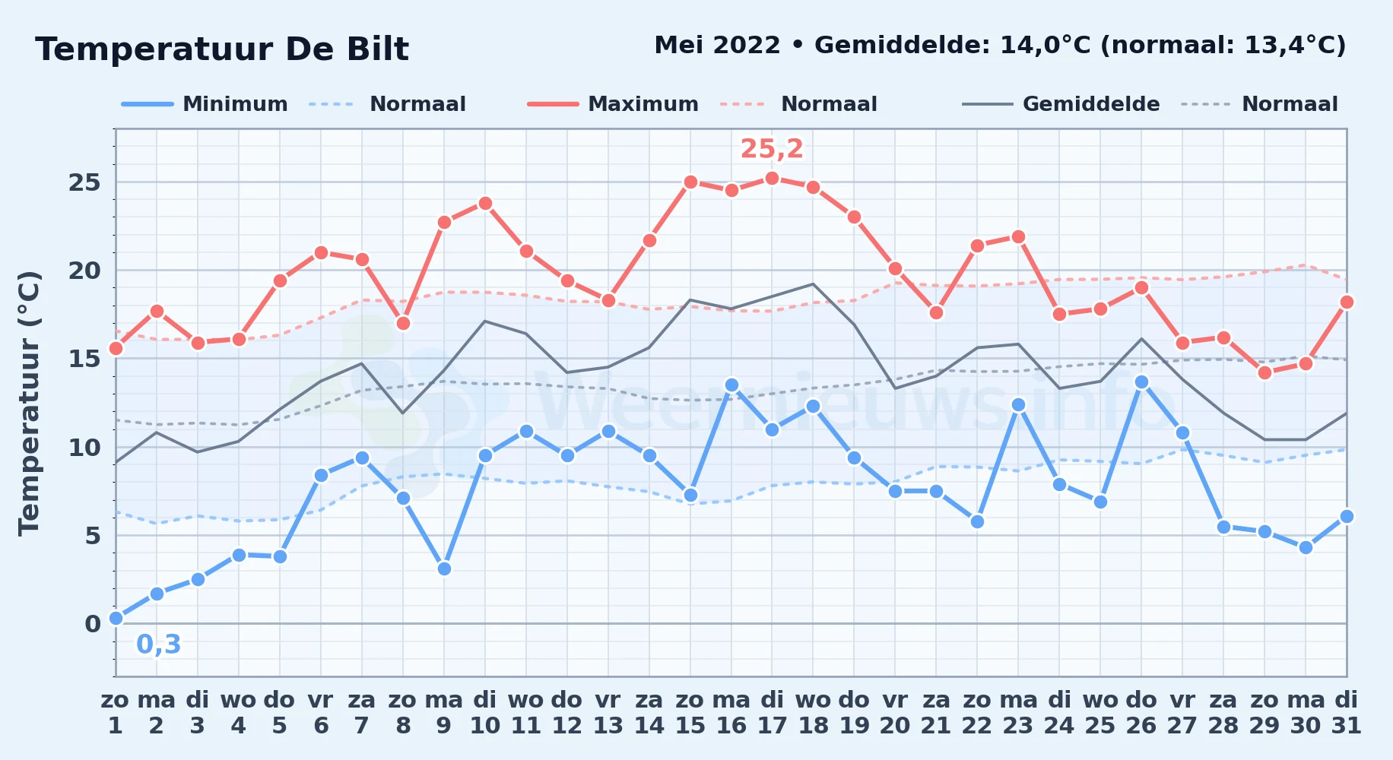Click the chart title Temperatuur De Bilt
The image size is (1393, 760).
pos(222,49)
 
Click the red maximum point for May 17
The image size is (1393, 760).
pos(772,179)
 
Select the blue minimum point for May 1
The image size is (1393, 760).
pos(116,619)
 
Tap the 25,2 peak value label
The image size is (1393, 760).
pos(772,149)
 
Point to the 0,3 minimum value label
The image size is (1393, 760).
pos(159,644)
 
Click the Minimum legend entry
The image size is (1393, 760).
pos(205,104)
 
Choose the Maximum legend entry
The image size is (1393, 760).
pos(613,104)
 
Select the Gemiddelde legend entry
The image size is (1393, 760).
pos(1061,104)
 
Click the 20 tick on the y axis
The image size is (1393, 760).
pos(84,271)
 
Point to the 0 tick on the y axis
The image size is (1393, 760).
pos(93,624)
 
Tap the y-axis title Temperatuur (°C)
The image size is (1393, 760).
pos(29,403)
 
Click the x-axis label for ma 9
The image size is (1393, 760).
pos(444,713)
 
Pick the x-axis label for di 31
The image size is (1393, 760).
pos(1347,713)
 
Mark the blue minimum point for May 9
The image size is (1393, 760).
pos(444,568)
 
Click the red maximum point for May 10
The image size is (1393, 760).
pos(485,203)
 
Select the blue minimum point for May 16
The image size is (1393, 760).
pos(731,385)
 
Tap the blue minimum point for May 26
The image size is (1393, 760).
pos(1141,382)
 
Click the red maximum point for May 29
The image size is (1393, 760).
pos(1264,372)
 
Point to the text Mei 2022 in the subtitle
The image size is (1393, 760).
pos(717,46)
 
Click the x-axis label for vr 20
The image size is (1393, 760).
pos(895,713)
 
